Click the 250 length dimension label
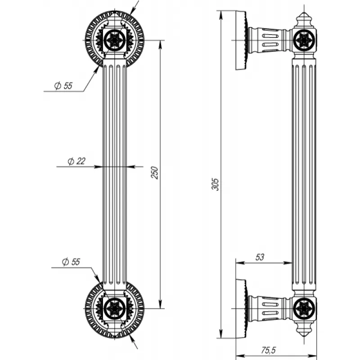coord(154,172)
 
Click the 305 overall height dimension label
coord(216,184)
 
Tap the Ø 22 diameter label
coord(76,162)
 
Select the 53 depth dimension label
coord(260,257)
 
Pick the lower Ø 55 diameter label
coord(71,262)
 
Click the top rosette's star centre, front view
coord(115,40)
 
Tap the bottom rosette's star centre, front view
coord(115,308)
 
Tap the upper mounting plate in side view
coord(241,40)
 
